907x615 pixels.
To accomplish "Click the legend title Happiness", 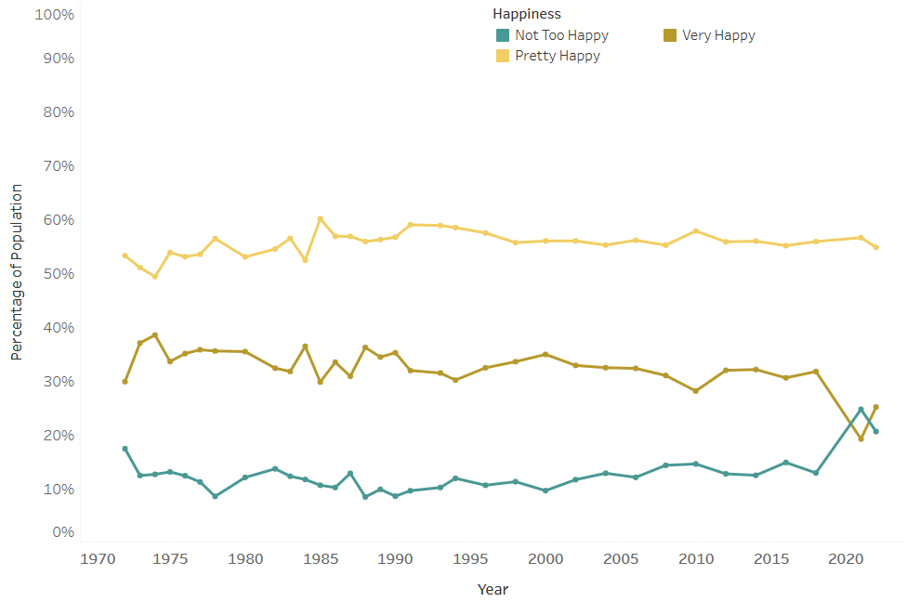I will (x=526, y=14).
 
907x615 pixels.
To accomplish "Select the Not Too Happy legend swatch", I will (x=503, y=35).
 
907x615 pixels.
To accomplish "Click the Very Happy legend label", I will (x=718, y=35).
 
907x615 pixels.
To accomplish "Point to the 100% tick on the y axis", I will (x=53, y=15).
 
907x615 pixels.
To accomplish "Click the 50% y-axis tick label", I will (x=56, y=274).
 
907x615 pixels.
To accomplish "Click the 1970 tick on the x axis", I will (x=95, y=560).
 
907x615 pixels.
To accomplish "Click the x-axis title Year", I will (x=493, y=589).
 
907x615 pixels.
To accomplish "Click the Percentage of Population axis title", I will (x=17, y=272).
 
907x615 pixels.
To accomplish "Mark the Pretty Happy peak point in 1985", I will (x=320, y=219).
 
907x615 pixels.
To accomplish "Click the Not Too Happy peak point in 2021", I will (x=861, y=410).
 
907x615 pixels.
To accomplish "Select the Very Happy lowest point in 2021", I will (x=861, y=438).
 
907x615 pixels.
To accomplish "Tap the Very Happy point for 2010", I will (x=695, y=391).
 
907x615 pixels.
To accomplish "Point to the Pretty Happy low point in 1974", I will (x=155, y=276).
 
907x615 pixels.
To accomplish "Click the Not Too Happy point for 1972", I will (x=125, y=449).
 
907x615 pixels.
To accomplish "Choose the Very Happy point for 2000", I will (x=546, y=354).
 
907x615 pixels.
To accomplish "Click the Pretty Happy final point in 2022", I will (x=875, y=247).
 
